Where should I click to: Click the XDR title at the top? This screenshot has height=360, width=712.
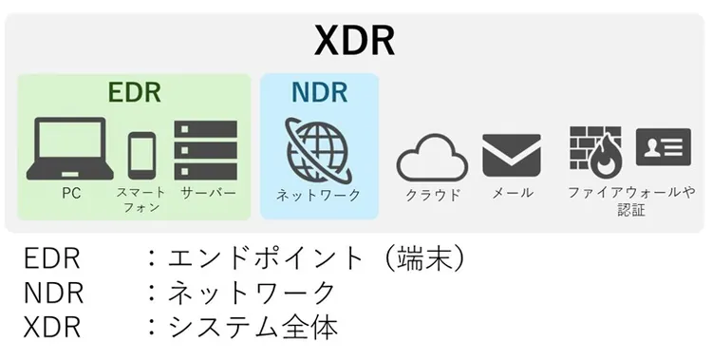point(355,42)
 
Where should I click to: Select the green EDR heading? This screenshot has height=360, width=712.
point(134,93)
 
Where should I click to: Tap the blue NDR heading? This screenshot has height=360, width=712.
point(319,93)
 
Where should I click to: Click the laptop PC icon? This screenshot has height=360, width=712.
point(69,148)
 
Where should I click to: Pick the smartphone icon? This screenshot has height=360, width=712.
point(141,154)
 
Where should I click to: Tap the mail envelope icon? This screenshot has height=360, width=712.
point(511,154)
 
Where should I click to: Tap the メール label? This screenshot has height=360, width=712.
point(512,193)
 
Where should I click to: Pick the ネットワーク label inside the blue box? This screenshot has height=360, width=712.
point(318,195)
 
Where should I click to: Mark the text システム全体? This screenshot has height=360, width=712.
point(253,328)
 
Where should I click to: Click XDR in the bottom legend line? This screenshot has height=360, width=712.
point(52,328)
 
